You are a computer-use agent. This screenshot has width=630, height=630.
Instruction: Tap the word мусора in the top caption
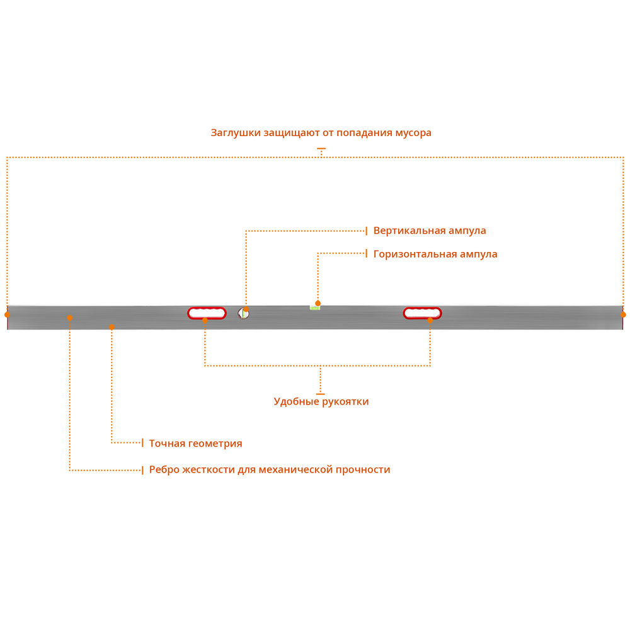(x=413, y=134)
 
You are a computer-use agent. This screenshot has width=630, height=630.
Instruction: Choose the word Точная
(x=167, y=444)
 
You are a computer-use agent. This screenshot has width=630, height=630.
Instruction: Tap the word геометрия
(x=215, y=444)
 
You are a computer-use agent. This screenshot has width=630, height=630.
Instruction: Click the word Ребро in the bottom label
(x=164, y=470)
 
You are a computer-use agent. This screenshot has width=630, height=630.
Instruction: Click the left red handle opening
(x=207, y=312)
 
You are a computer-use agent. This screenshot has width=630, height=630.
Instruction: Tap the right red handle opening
(x=423, y=312)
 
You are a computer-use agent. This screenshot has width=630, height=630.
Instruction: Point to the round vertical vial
(x=243, y=313)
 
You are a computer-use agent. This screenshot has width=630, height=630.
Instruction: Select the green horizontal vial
(x=314, y=307)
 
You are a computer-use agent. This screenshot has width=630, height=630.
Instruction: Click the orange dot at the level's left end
(x=7, y=314)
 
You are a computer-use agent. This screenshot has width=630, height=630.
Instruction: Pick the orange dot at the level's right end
(x=623, y=314)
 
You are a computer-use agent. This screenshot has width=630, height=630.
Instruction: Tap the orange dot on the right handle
(x=430, y=320)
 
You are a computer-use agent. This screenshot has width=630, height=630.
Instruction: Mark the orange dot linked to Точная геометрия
(x=112, y=326)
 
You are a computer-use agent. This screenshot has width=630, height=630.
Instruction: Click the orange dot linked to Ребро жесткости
(x=69, y=318)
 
